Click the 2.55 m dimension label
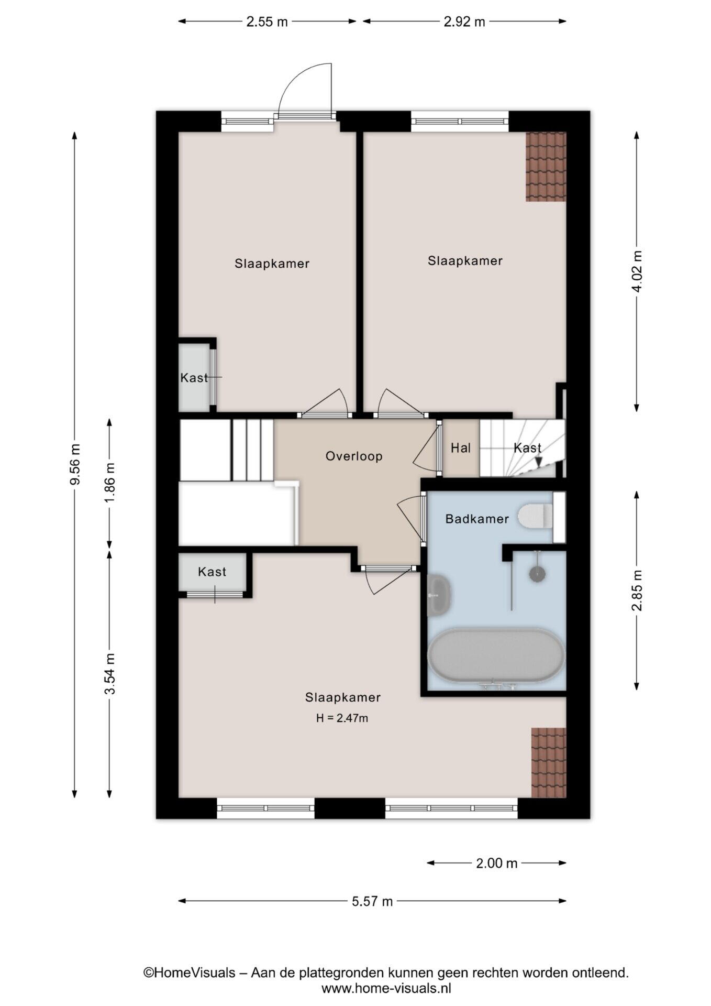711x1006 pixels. pyautogui.click(x=267, y=22)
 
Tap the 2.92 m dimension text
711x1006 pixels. pyautogui.click(x=464, y=22)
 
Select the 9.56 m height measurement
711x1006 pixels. pyautogui.click(x=75, y=464)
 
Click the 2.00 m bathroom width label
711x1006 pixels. pyautogui.click(x=496, y=863)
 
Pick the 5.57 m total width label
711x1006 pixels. pyautogui.click(x=372, y=901)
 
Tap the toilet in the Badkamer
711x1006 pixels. pyautogui.click(x=536, y=516)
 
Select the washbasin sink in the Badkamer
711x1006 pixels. pyautogui.click(x=439, y=595)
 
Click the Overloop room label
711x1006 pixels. pyautogui.click(x=354, y=456)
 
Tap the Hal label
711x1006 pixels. pyautogui.click(x=461, y=448)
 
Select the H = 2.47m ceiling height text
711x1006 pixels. pyautogui.click(x=342, y=718)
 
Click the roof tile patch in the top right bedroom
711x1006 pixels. pyautogui.click(x=546, y=167)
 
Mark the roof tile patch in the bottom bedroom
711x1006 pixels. pyautogui.click(x=549, y=762)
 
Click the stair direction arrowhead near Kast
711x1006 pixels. pyautogui.click(x=538, y=462)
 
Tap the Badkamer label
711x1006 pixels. pyautogui.click(x=477, y=519)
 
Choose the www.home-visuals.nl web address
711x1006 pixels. pyautogui.click(x=386, y=988)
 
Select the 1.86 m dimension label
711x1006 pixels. pyautogui.click(x=109, y=482)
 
